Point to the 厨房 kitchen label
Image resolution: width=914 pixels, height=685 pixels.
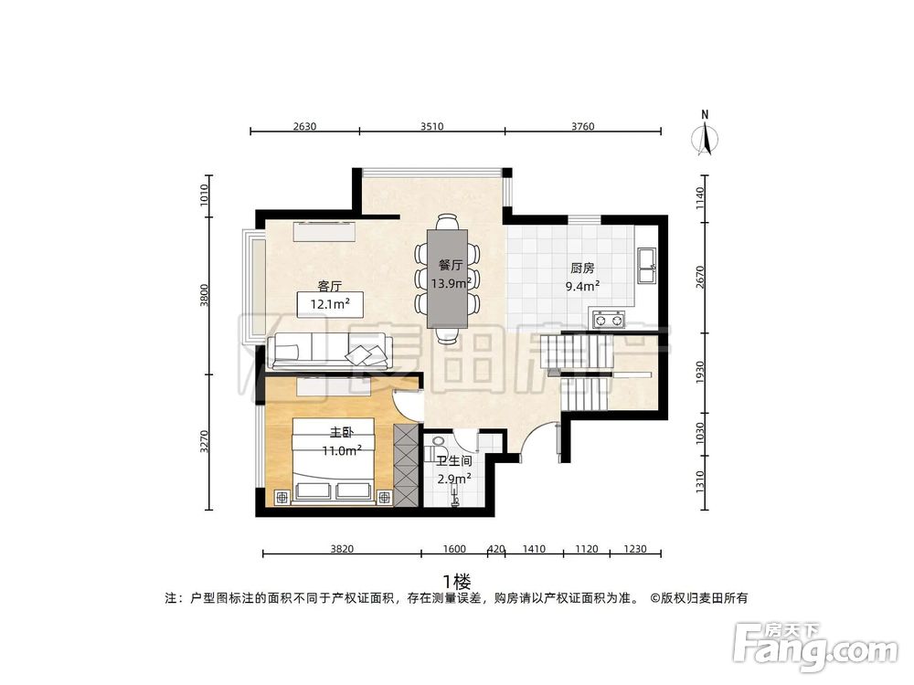click(582, 269)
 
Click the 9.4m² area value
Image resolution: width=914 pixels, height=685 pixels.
click(582, 285)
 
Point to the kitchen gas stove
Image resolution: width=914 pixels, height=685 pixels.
click(609, 319)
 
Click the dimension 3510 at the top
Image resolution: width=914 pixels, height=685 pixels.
click(431, 127)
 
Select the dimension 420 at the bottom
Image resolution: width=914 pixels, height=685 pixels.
click(496, 549)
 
